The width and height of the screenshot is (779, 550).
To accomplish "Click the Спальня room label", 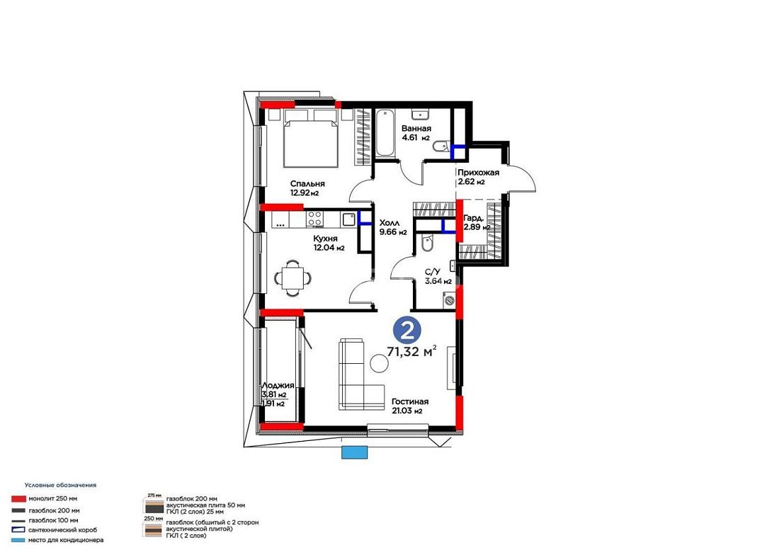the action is coord(307,183).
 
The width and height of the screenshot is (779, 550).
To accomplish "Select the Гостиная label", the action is coord(410,401).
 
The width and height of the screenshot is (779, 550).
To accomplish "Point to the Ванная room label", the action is coord(416,129).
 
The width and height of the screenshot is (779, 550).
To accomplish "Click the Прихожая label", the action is coord(479,173).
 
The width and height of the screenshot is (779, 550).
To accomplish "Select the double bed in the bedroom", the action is coord(311,138).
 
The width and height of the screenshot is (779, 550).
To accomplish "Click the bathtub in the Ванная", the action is coord(384,132).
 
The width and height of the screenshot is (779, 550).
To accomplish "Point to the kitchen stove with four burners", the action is coord(314,219).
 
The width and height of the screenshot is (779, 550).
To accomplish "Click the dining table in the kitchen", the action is coord(291,278).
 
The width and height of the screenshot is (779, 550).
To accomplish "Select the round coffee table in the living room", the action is coord(380,364).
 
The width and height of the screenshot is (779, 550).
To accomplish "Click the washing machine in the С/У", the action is coord(449,300).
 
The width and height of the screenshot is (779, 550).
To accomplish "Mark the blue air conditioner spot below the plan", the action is coord(355,452).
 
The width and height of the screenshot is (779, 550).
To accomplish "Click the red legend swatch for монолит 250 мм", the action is coord(19,499).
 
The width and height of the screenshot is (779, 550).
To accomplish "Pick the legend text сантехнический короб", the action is coord(62,530).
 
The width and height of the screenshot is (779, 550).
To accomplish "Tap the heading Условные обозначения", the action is coord(61,485).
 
